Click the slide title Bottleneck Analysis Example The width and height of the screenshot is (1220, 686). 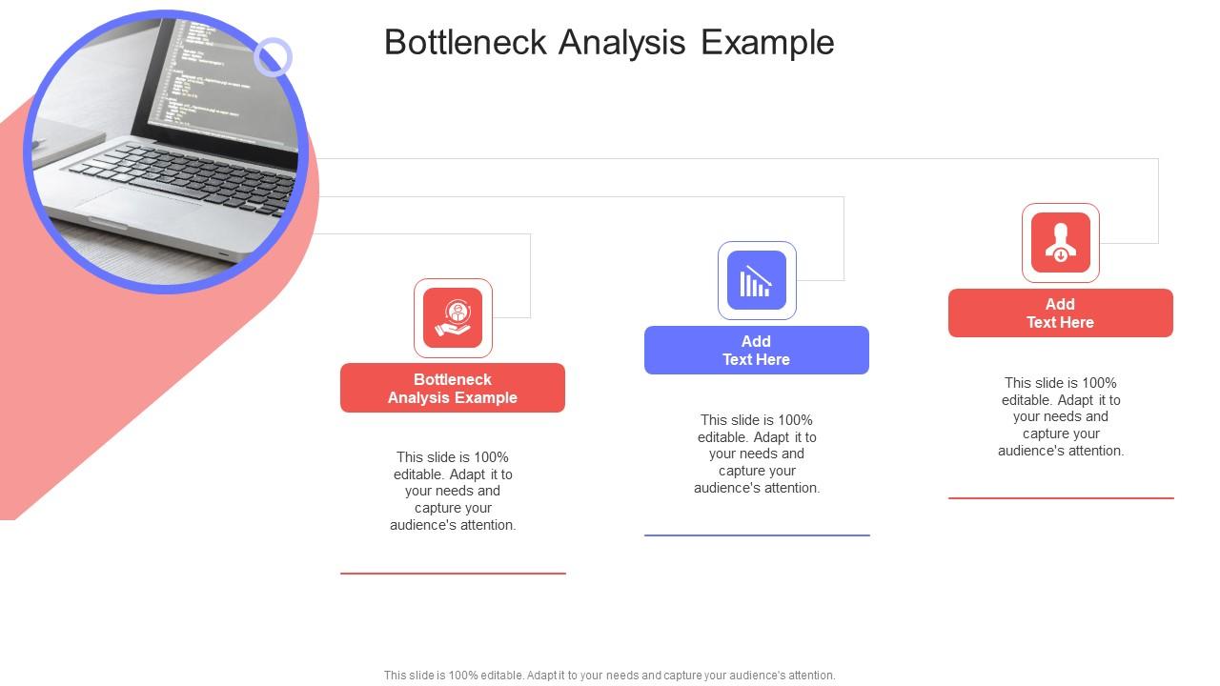coord(609,43)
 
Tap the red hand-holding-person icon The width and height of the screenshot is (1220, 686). coord(453,318)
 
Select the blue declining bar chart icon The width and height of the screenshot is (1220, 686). coord(757,281)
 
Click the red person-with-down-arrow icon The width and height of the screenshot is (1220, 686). coord(1060,243)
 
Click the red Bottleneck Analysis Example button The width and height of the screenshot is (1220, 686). coord(453,388)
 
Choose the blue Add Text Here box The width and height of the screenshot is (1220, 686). coord(757,351)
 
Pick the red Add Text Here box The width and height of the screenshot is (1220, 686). coord(1060,313)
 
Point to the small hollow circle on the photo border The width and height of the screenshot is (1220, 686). coord(273,57)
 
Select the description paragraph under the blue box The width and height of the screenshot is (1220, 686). coord(757,454)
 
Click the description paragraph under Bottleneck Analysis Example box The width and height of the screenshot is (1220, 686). coord(453,491)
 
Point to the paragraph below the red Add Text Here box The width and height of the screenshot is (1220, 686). coord(1060,416)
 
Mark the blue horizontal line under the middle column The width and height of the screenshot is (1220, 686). coord(757,535)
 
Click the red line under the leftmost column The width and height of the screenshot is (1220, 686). coord(453,574)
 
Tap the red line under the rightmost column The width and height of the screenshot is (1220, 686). coord(1060,498)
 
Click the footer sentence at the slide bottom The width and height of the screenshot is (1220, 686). coord(609,676)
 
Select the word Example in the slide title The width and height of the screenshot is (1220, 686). coord(767,43)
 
